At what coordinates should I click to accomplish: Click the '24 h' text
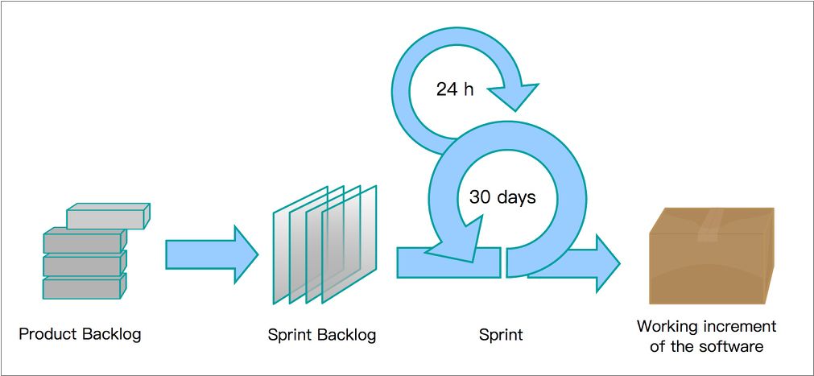pos(455,89)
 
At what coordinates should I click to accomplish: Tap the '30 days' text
pos(502,196)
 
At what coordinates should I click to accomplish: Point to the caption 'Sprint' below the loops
pos(501,334)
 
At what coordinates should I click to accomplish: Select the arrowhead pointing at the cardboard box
pos(605,262)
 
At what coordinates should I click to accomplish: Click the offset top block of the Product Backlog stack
pos(106,217)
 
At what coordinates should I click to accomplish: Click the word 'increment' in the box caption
pos(738,326)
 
